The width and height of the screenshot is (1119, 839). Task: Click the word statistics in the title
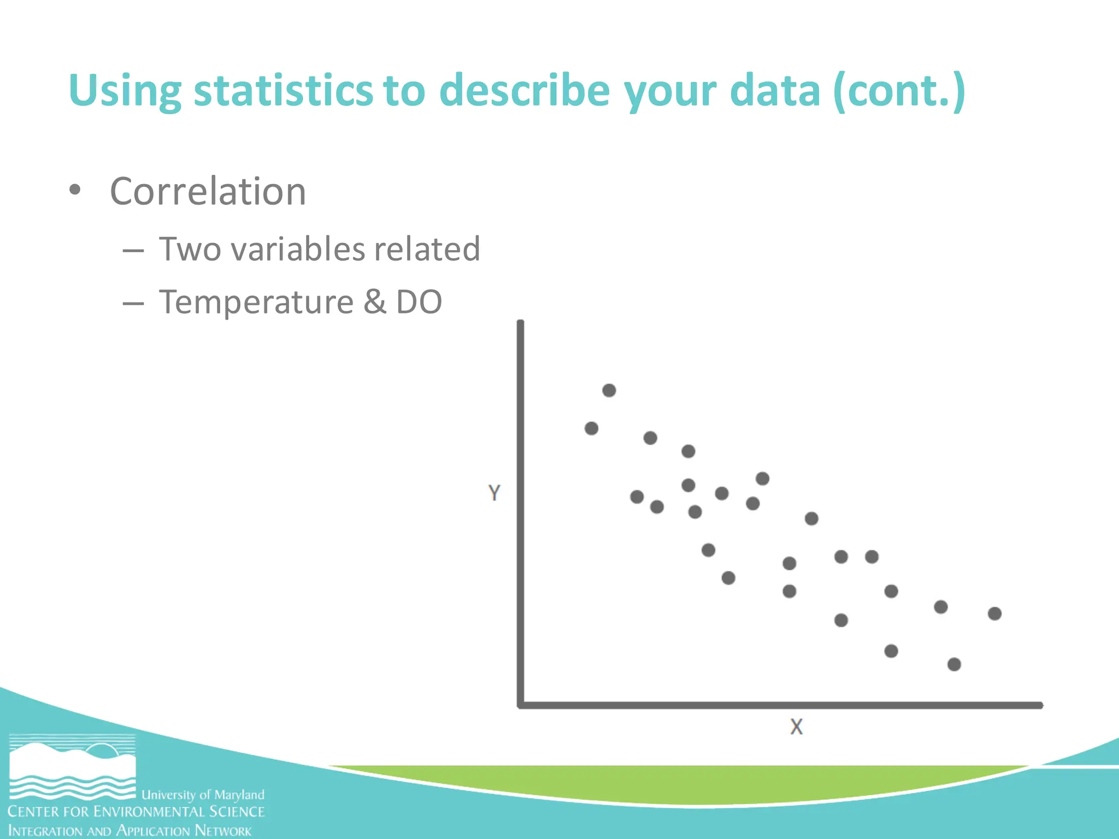click(283, 90)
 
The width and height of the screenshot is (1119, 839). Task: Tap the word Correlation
click(208, 192)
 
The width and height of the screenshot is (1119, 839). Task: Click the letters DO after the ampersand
click(419, 302)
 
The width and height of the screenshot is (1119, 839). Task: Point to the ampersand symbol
click(374, 302)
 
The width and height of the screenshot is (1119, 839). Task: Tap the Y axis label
click(494, 493)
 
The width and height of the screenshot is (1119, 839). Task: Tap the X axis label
click(796, 727)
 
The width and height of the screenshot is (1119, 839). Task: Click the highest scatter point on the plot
click(609, 391)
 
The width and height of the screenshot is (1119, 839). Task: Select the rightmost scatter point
click(994, 613)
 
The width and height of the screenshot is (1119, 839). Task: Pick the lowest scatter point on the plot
click(954, 664)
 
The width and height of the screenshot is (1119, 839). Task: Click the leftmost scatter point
click(591, 428)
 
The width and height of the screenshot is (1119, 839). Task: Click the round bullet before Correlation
click(75, 191)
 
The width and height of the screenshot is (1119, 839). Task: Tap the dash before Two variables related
click(133, 251)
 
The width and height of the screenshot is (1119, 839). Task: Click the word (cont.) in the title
click(899, 90)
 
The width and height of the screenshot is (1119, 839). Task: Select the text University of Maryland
click(203, 794)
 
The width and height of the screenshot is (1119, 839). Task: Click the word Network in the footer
click(223, 831)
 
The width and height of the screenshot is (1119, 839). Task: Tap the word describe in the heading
click(524, 90)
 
